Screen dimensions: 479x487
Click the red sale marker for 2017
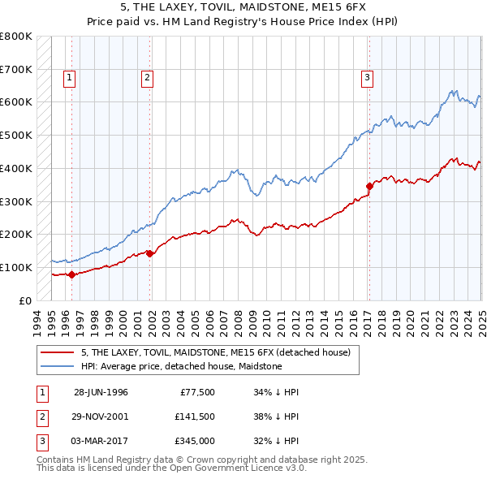click(x=369, y=186)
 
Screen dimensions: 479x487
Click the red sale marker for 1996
click(x=71, y=274)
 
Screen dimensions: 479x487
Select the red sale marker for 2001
click(x=150, y=253)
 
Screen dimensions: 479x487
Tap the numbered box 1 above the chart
click(x=70, y=78)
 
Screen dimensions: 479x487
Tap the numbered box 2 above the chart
click(x=147, y=78)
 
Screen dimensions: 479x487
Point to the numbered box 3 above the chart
click(x=367, y=78)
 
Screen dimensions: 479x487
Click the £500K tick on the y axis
click(x=16, y=135)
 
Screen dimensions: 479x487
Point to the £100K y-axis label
click(x=16, y=267)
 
